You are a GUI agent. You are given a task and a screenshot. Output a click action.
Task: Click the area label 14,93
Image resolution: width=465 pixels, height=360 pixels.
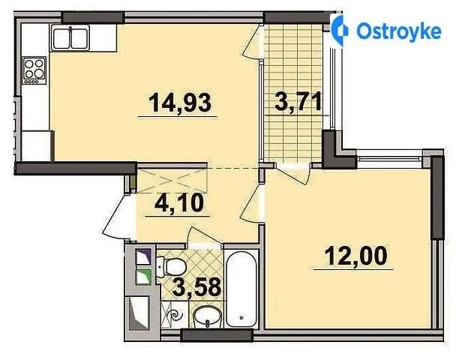pyautogui.click(x=180, y=102)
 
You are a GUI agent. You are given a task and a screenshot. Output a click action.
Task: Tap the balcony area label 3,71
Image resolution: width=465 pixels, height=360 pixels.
pyautogui.click(x=298, y=100)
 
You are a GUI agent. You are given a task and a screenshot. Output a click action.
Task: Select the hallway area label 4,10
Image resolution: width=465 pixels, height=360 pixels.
pyautogui.click(x=179, y=202)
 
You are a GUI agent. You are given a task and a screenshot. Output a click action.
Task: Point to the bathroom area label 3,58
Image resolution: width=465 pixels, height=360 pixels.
pyautogui.click(x=196, y=286)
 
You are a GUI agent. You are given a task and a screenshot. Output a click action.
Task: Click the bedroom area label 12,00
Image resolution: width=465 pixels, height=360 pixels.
pyautogui.click(x=355, y=256)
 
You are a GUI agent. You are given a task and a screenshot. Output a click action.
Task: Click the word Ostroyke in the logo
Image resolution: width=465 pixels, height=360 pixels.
pyautogui.click(x=399, y=31)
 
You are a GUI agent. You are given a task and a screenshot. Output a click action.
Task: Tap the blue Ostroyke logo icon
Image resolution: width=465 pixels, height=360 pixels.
pyautogui.click(x=339, y=31)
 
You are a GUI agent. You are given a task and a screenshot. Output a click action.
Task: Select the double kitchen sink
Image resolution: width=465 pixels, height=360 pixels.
pyautogui.click(x=70, y=37)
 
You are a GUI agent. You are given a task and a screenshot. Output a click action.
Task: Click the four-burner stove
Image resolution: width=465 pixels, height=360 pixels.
pyautogui.click(x=34, y=70)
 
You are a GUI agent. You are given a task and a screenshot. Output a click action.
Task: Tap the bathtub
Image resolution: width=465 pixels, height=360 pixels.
pyautogui.click(x=241, y=289)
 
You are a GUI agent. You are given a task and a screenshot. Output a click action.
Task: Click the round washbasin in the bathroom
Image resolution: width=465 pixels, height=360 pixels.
pyautogui.click(x=207, y=317)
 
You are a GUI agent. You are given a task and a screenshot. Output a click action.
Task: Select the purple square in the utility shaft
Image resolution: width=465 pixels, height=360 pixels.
pyautogui.click(x=143, y=256)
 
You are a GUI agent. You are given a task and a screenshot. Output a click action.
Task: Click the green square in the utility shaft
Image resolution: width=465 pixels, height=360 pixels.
pyautogui.click(x=143, y=277)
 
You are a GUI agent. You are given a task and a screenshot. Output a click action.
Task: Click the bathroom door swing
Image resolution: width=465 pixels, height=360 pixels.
pyautogui.click(x=205, y=235)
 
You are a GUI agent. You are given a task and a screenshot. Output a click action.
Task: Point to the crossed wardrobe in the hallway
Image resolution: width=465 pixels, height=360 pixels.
pyautogui.click(x=172, y=181)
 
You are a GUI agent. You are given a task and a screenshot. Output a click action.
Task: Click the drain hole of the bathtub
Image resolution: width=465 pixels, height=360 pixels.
pyautogui.click(x=241, y=317)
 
